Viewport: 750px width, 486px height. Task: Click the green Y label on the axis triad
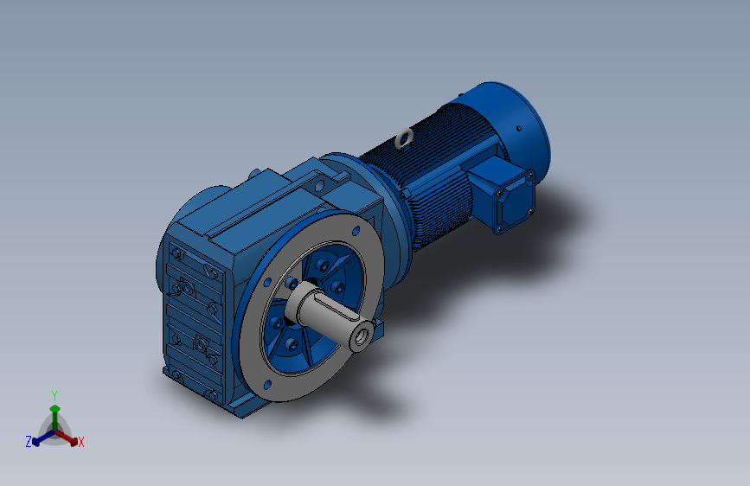pos(54,394)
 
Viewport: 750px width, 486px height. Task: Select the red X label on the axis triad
pos(81,443)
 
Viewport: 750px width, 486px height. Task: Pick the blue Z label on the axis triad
pos(29,441)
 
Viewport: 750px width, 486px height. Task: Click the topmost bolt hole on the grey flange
pos(356,231)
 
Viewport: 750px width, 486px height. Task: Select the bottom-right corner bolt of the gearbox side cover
pos(210,395)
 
